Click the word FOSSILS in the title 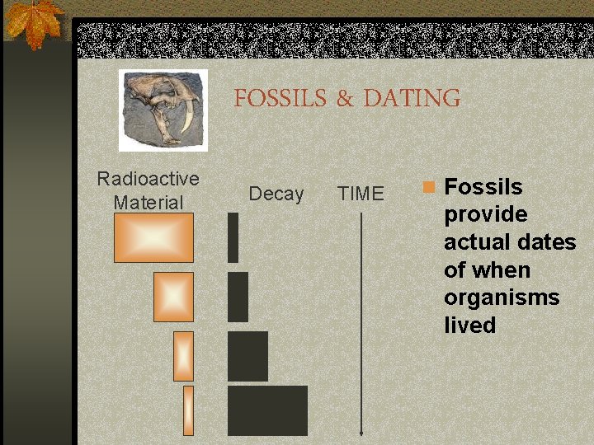coord(280,99)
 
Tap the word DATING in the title coord(412,99)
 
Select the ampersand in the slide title coord(344,100)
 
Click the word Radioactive coord(148,179)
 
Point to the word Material coord(148,202)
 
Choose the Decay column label coord(276,194)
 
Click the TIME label coord(361,194)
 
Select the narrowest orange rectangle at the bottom coord(188,410)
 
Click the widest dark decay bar coord(267,410)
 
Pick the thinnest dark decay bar coord(233,237)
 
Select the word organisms coord(502,297)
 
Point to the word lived coord(470,326)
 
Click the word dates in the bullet coord(548,242)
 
